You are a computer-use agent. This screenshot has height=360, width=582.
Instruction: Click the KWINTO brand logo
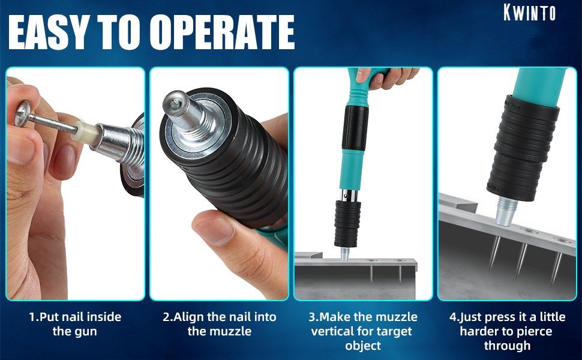[x=530, y=13]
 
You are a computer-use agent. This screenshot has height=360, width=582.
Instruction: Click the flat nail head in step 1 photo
[x=23, y=113]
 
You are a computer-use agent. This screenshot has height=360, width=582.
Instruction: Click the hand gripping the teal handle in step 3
[x=386, y=77]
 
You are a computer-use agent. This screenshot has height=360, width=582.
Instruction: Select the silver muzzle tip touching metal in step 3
[x=345, y=254]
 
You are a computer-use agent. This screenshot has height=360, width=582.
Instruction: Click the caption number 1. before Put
[x=34, y=317]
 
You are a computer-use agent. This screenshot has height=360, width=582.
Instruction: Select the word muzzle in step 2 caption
[x=232, y=331]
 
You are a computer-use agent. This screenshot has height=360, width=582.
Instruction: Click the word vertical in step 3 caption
[x=332, y=331]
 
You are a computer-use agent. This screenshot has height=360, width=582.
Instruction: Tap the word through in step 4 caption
[x=507, y=346]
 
